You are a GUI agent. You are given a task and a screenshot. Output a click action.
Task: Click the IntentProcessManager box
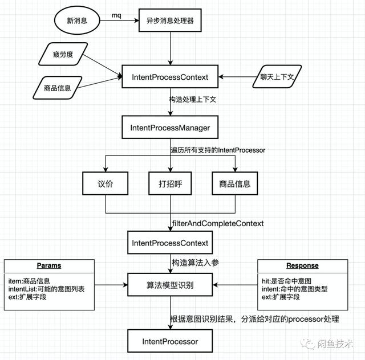tap(170, 128)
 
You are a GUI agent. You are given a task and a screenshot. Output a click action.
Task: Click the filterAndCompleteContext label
tap(217, 224)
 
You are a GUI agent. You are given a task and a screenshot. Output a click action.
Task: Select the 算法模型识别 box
tap(170, 284)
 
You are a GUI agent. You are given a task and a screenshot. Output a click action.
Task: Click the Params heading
tap(48, 265)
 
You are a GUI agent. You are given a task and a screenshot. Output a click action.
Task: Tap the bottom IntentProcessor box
tap(170, 342)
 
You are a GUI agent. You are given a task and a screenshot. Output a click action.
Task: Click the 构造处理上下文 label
tap(192, 99)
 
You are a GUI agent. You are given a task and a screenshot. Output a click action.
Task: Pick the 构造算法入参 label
tap(195, 263)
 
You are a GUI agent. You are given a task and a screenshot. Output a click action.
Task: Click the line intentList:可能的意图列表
tap(47, 289)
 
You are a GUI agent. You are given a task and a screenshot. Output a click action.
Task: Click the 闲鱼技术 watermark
tap(334, 344)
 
